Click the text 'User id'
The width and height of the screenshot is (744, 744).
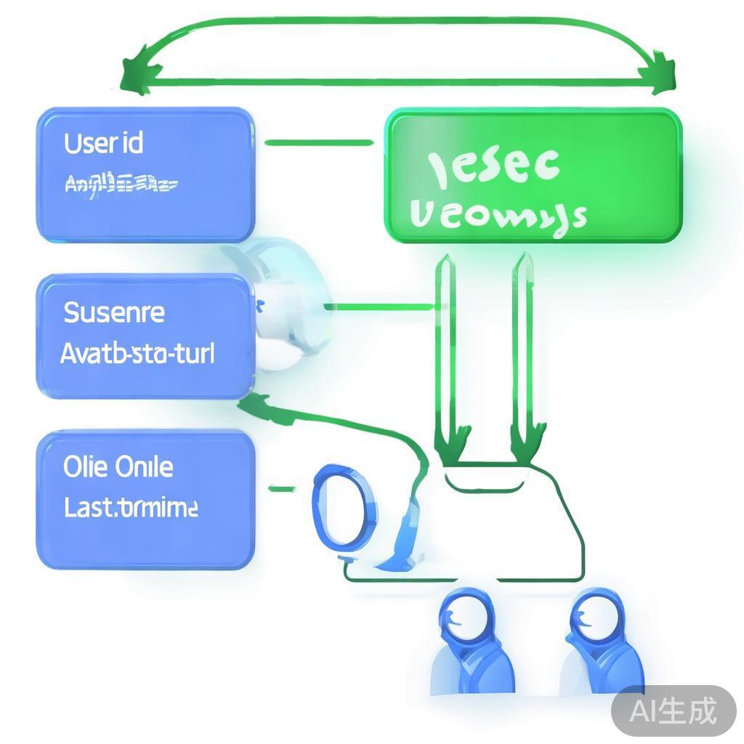click(x=103, y=143)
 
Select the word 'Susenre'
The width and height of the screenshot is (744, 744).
click(x=114, y=313)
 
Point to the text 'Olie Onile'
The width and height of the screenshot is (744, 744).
click(x=118, y=467)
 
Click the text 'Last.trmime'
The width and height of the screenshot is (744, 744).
click(x=130, y=507)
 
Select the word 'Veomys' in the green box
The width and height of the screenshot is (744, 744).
click(x=498, y=215)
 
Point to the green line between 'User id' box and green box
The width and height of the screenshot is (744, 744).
click(x=319, y=143)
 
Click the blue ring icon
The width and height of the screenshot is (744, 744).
click(x=341, y=507)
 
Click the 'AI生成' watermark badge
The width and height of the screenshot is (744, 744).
click(x=673, y=710)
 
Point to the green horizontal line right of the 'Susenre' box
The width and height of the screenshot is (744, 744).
click(x=378, y=307)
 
